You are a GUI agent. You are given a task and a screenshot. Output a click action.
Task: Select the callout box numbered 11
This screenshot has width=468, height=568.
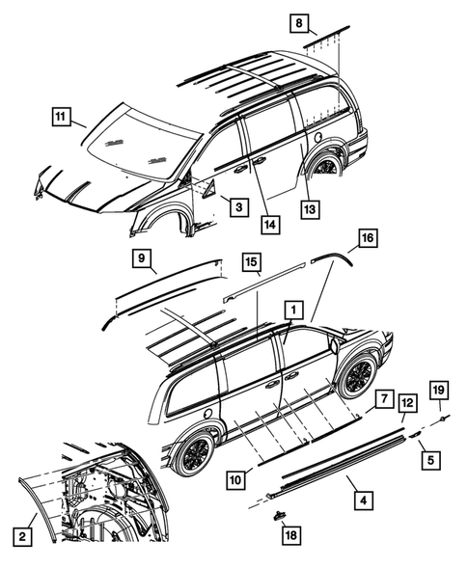(x=62, y=119)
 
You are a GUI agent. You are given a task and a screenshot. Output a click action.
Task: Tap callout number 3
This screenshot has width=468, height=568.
(x=234, y=204)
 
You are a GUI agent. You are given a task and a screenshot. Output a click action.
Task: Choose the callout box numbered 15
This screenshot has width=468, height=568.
(x=251, y=261)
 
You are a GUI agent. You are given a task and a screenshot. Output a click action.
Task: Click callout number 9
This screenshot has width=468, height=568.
(x=143, y=257)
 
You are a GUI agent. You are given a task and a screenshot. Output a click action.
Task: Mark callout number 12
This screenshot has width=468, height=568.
(x=407, y=402)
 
